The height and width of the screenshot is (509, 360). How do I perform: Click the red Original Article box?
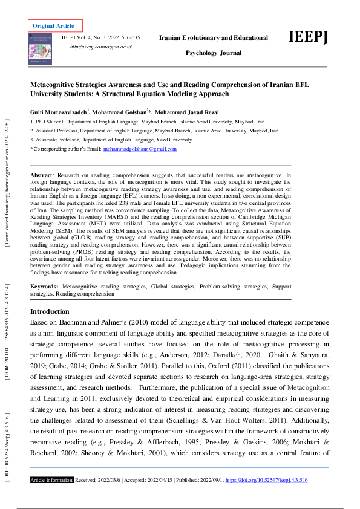click(54, 25)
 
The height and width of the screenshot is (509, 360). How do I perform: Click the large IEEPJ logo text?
click(309, 37)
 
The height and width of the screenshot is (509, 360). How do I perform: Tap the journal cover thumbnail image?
click(41, 49)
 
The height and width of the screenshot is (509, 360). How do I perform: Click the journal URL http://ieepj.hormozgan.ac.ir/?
click(101, 47)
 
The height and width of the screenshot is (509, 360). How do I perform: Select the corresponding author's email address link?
click(140, 149)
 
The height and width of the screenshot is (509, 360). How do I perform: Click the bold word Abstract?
click(41, 174)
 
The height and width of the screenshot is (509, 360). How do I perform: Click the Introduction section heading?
click(50, 311)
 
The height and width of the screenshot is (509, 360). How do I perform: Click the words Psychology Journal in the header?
click(213, 53)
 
